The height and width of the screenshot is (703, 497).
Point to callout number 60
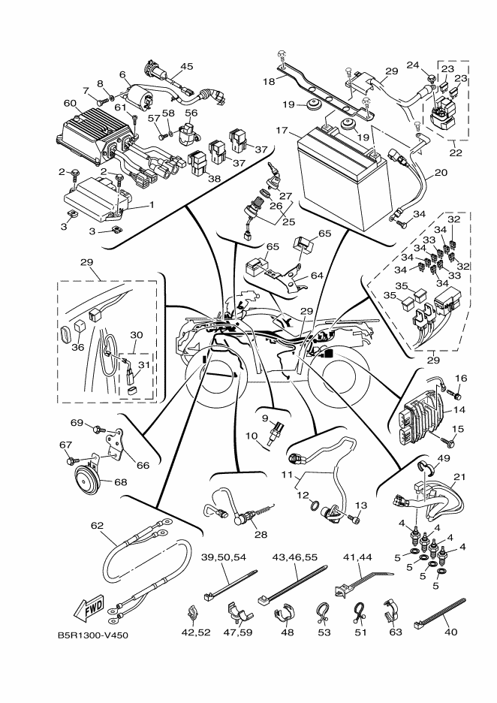click(70, 103)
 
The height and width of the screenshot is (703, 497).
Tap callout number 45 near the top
click(187, 67)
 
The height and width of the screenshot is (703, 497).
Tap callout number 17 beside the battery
click(282, 131)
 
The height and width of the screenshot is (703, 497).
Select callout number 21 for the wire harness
click(459, 478)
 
